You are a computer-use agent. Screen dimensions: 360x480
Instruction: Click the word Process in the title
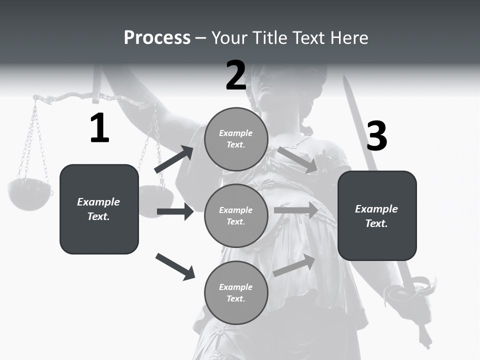click(157, 38)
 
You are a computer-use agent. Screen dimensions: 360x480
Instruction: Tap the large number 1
click(99, 128)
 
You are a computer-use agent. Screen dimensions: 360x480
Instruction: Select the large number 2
click(236, 75)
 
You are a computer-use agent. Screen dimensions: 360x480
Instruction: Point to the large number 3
click(376, 136)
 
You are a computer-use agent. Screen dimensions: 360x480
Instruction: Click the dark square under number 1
click(99, 209)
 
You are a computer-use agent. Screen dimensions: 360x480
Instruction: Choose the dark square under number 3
click(377, 216)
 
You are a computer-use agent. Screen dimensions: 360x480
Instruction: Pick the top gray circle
click(236, 139)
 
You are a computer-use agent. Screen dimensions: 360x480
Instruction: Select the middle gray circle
click(236, 216)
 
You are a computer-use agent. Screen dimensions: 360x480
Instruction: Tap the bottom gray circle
click(236, 293)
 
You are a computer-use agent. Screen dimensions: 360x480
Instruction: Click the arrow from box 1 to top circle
click(173, 159)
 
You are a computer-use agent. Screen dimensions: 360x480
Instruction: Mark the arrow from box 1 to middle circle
click(175, 211)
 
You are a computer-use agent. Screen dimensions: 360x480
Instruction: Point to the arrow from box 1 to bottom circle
click(175, 266)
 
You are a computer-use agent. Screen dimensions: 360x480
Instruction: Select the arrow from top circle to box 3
click(297, 160)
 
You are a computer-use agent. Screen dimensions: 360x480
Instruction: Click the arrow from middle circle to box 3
click(296, 210)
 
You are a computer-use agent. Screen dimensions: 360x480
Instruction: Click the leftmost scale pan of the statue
click(29, 194)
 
